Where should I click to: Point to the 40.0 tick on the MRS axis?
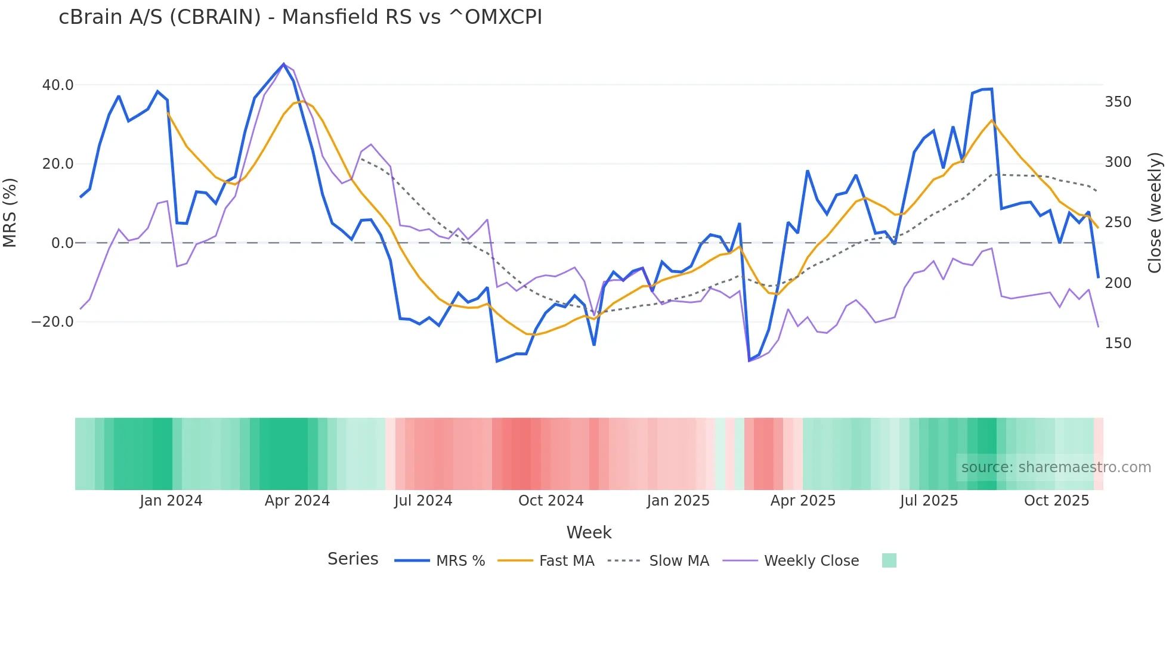[58, 85]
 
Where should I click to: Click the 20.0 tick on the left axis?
[58, 164]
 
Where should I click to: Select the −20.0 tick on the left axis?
[52, 322]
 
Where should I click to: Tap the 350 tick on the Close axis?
[1118, 102]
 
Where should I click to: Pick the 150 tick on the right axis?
[1118, 343]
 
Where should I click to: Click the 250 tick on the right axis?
[1118, 222]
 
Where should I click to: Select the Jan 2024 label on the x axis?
[171, 501]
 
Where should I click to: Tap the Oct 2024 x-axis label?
[551, 501]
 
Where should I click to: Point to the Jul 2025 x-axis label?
[929, 501]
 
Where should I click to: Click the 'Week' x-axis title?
[589, 532]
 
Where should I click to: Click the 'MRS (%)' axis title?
[10, 212]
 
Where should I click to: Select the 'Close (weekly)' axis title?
[1155, 212]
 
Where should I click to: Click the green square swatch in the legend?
[889, 560]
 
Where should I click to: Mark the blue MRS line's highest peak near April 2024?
[284, 64]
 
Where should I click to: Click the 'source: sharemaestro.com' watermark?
[1056, 467]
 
